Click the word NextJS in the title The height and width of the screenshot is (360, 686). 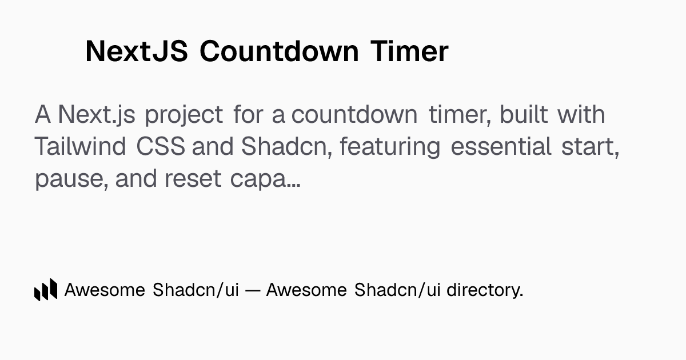pyautogui.click(x=137, y=51)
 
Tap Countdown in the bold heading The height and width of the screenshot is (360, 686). pyautogui.click(x=279, y=51)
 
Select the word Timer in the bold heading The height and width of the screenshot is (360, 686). pyautogui.click(x=409, y=51)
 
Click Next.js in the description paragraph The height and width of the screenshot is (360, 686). pyautogui.click(x=97, y=115)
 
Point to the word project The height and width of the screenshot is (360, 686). pyautogui.click(x=184, y=115)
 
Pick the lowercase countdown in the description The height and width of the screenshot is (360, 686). pyautogui.click(x=354, y=114)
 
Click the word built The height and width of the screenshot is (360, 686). pyautogui.click(x=524, y=114)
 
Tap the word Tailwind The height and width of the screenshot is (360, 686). pyautogui.click(x=80, y=146)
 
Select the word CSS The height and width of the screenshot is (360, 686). pyautogui.click(x=161, y=146)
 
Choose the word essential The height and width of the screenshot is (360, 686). pyautogui.click(x=501, y=146)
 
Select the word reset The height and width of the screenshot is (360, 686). pyautogui.click(x=193, y=179)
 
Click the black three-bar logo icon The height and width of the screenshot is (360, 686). pyautogui.click(x=46, y=290)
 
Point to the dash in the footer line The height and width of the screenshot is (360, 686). pyautogui.click(x=253, y=290)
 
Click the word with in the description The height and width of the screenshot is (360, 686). pyautogui.click(x=581, y=114)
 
